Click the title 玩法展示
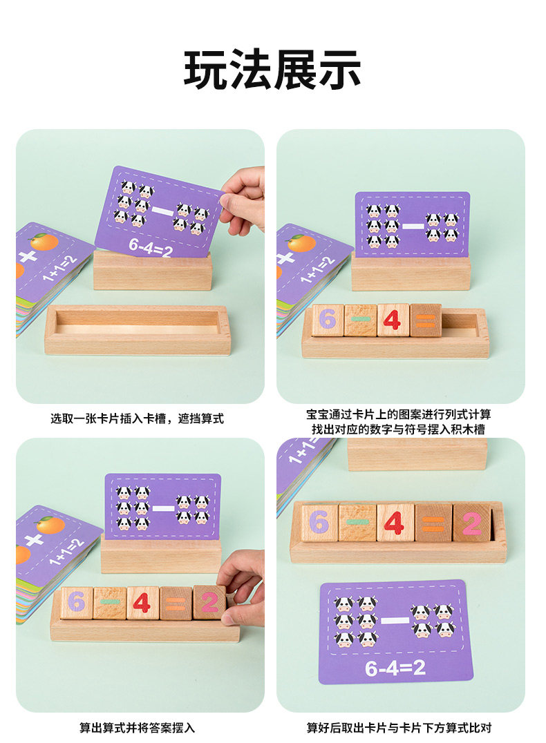pos(272,70)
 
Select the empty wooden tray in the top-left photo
pos(138,330)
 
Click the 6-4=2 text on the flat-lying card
pos(395,668)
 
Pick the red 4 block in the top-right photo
pos(393,320)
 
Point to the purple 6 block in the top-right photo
pos(328,320)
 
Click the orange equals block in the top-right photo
pos(426,320)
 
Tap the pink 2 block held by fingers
pos(209,602)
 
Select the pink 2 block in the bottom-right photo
pos(471,523)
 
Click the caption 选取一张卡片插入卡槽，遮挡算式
pos(137,418)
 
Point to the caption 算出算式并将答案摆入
pos(137,727)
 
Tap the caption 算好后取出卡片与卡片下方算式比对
pos(399,727)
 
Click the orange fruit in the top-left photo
pos(44,242)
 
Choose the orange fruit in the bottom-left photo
pos(50,525)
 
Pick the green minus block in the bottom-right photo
pos(358,522)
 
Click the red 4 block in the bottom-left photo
pos(143,603)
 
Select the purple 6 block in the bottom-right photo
pos(319,522)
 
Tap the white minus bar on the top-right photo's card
pos(413,226)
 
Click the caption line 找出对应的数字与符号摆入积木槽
pos(398,430)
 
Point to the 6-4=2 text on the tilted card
pos(151,247)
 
